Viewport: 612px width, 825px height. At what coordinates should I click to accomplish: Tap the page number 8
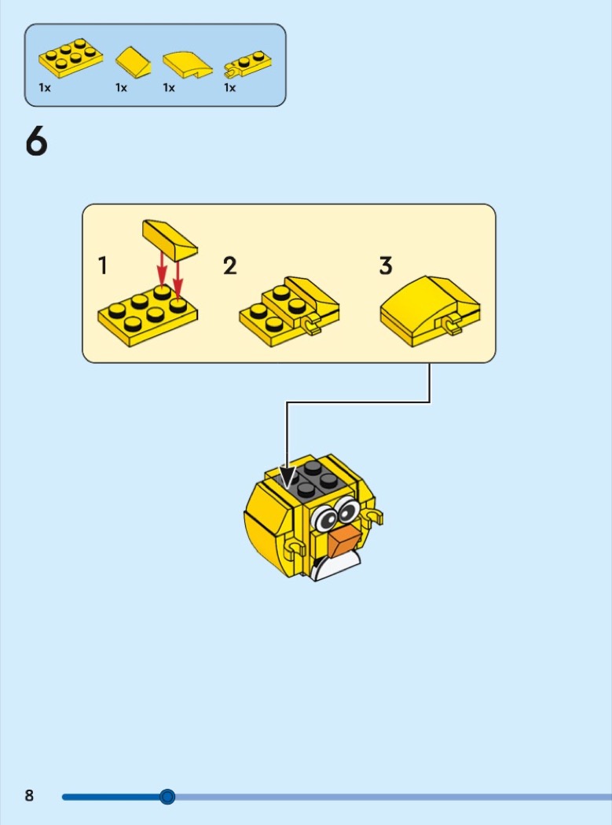click(x=30, y=795)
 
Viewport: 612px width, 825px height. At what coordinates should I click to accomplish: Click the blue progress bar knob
click(x=167, y=797)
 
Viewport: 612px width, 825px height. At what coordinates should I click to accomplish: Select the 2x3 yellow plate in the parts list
click(x=71, y=58)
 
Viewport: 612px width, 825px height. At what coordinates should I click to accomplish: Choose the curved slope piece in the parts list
click(x=187, y=65)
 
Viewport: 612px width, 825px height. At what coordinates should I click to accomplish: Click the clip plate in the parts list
click(x=247, y=64)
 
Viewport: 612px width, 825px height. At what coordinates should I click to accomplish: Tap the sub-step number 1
click(x=103, y=266)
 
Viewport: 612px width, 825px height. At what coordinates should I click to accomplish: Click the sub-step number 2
click(x=230, y=266)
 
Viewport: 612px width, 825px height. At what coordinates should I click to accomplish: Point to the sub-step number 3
click(x=386, y=266)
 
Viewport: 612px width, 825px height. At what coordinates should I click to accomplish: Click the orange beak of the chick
click(x=345, y=542)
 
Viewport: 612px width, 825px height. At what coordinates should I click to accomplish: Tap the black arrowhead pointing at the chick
click(x=288, y=477)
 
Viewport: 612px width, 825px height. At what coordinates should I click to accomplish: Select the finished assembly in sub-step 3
click(x=431, y=310)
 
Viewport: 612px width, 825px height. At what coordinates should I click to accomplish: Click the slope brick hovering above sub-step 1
click(x=170, y=240)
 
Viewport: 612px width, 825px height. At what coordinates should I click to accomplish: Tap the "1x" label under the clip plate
click(x=230, y=88)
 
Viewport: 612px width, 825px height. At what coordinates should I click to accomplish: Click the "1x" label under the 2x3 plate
click(x=45, y=88)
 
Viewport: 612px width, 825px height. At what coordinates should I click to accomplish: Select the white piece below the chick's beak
click(x=338, y=567)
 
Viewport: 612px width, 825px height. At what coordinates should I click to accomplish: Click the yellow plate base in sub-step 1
click(x=148, y=316)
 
